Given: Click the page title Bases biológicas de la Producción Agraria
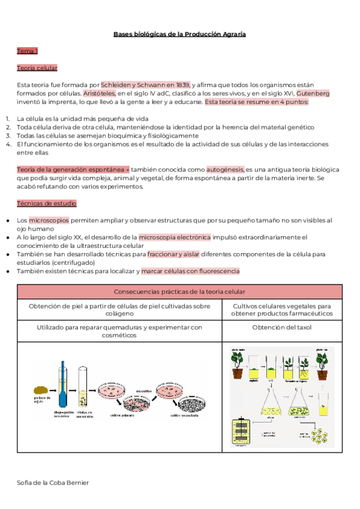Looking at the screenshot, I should click(179, 34).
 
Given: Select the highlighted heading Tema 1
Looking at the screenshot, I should click(28, 51).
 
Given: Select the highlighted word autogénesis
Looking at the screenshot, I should click(225, 169).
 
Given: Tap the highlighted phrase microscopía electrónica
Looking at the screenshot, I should click(174, 237).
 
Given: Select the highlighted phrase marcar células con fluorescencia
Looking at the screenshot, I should click(190, 271).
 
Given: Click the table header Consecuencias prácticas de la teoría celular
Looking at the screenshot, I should click(180, 292).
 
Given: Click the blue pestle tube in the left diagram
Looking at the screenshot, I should click(63, 384).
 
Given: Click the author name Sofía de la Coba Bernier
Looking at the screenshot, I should click(53, 483).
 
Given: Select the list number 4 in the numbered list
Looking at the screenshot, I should click(8, 144).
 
